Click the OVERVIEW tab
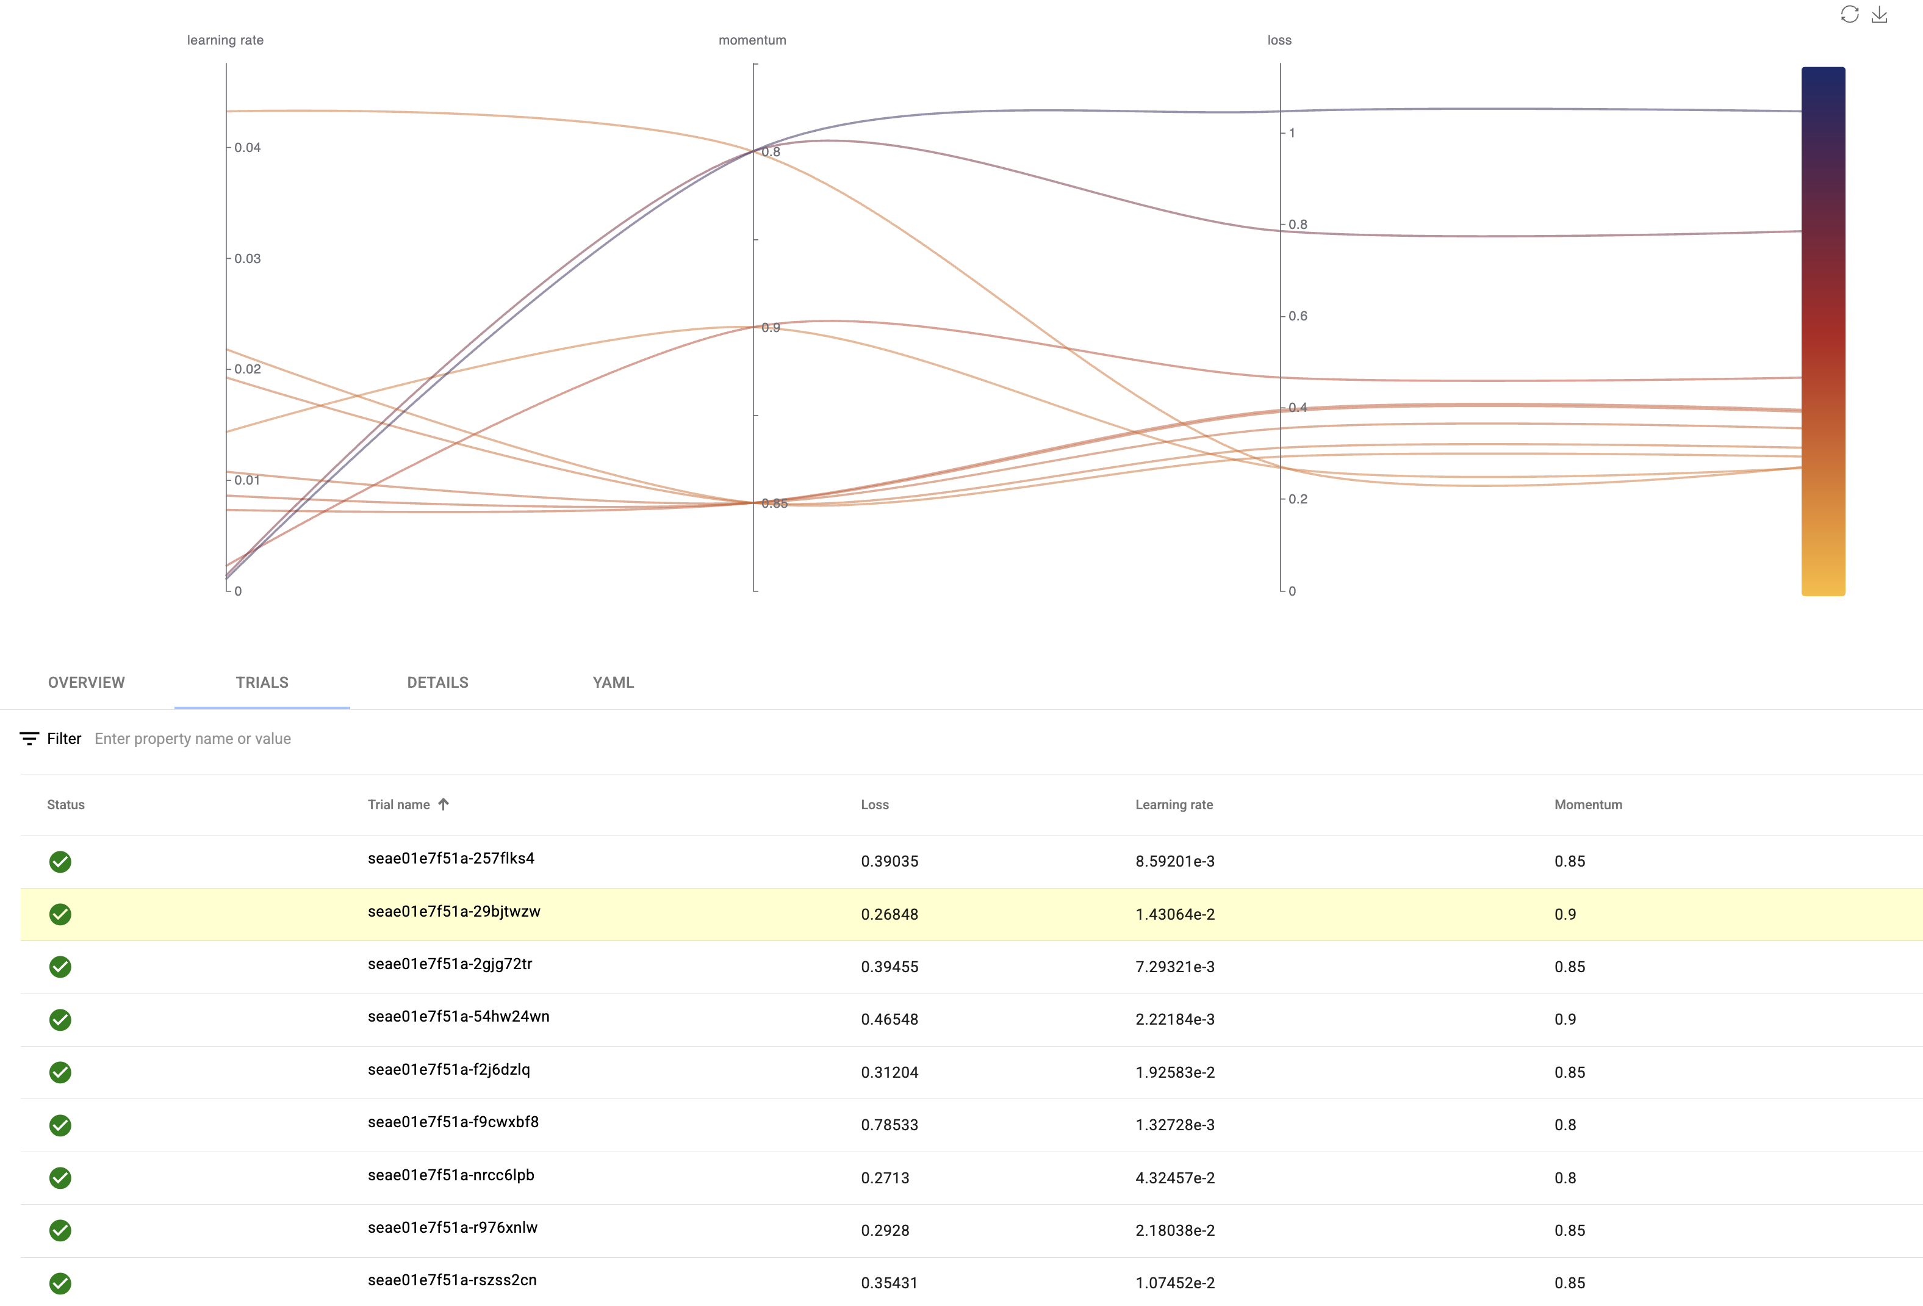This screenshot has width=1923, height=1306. click(86, 682)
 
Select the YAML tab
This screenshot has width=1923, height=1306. click(613, 682)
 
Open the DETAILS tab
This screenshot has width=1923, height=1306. click(437, 682)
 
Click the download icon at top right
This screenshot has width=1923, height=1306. click(1879, 14)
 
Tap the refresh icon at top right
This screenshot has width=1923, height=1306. click(1849, 14)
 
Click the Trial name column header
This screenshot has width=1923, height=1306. click(399, 804)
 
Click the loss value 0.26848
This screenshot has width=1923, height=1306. click(889, 914)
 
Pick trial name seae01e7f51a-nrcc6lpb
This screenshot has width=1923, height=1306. click(450, 1174)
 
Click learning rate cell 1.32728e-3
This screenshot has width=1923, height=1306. click(1174, 1125)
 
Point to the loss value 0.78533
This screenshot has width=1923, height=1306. click(889, 1125)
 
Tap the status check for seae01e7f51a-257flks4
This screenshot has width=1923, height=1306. click(60, 862)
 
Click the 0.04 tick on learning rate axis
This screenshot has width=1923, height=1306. click(246, 147)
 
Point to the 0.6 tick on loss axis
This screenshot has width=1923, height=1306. click(1296, 316)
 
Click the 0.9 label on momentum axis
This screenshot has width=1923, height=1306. click(771, 328)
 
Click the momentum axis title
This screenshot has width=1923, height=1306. click(752, 40)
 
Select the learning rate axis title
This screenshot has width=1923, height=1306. click(225, 40)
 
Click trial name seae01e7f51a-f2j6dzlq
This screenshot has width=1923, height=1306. click(448, 1069)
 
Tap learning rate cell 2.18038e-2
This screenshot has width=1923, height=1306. click(1174, 1230)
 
